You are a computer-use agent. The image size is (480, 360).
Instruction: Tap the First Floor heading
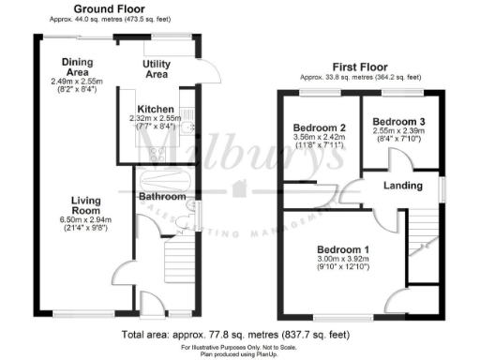pyautogui.click(x=360, y=67)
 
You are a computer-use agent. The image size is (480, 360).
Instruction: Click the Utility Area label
pyautogui.click(x=156, y=67)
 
